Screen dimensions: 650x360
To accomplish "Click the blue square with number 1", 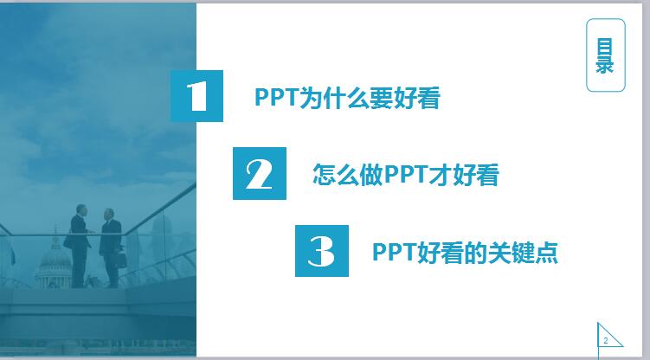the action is pos(197,96).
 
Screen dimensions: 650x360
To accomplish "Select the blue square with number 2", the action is pos(260,174).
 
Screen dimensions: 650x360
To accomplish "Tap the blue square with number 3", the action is pos(322,251).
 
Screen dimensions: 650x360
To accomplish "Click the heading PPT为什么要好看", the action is pos(347,98).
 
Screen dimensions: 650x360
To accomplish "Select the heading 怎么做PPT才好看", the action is pos(406,175).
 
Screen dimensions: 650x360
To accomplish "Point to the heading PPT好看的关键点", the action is pos(465,253).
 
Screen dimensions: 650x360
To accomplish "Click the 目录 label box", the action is pos(606,55).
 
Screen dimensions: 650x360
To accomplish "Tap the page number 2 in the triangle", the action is pos(606,341).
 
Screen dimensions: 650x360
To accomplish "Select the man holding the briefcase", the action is pos(111,247).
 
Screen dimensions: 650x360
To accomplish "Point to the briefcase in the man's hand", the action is pos(120,260).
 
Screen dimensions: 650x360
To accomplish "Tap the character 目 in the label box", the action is pos(605,47).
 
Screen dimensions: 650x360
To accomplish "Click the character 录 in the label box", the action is pos(605,65).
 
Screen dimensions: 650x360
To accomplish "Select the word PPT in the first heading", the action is pos(276,98).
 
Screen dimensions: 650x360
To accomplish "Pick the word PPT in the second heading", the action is pos(406,175).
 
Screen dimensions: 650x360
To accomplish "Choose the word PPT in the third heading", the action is pos(394,253).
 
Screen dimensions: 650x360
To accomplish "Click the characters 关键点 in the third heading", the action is pos(523,253).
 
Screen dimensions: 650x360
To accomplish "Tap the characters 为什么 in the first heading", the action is pos(335,98).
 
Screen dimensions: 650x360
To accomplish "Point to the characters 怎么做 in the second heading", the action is pos(348,175).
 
